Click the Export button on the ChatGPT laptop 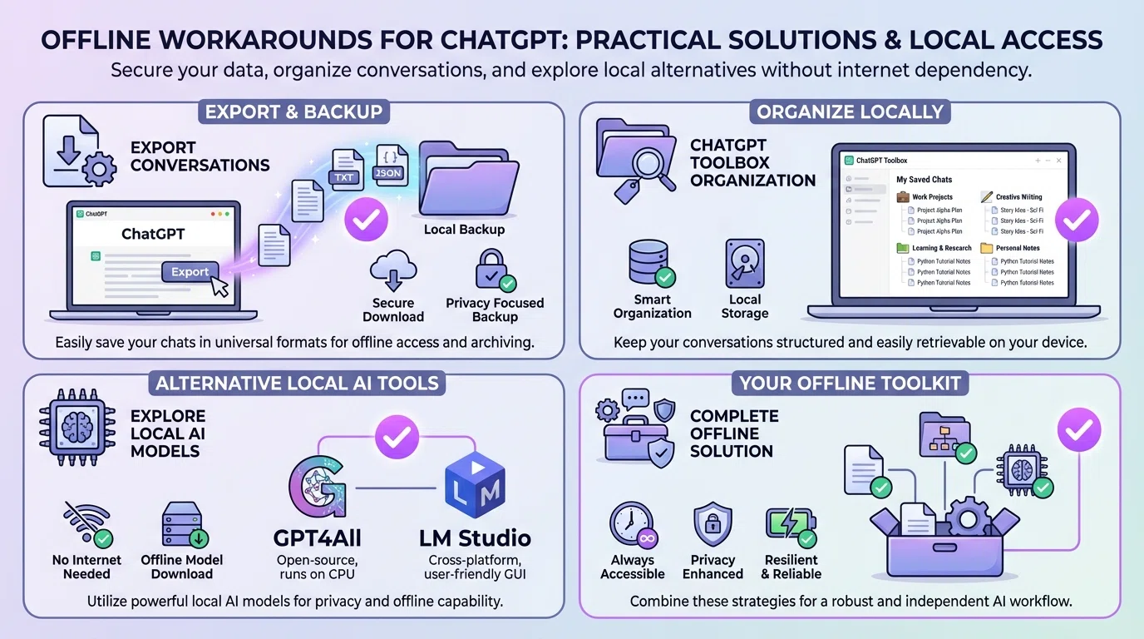190,271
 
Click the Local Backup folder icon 462,179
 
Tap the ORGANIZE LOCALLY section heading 850,112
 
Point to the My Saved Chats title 924,179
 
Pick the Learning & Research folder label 941,248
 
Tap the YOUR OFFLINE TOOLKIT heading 849,384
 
